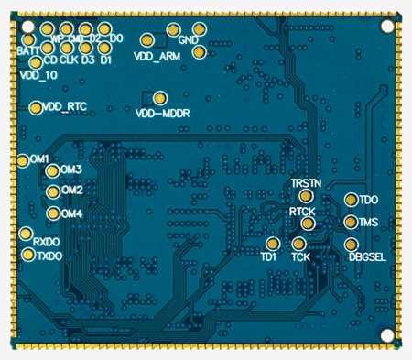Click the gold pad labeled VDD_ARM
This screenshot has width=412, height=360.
(x=147, y=41)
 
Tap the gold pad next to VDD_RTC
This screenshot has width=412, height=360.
(x=36, y=108)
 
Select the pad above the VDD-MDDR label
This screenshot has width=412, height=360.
(x=160, y=98)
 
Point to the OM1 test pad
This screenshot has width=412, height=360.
(x=23, y=161)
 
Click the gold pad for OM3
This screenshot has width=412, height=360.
(x=53, y=170)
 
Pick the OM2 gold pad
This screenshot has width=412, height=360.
(x=53, y=191)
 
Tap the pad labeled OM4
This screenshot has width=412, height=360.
(x=53, y=213)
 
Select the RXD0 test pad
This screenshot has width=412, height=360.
(x=27, y=235)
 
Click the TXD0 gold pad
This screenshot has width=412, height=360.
(x=28, y=252)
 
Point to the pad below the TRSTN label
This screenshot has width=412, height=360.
(x=306, y=196)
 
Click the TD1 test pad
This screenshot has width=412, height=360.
(x=272, y=244)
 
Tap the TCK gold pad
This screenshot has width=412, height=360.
(x=299, y=244)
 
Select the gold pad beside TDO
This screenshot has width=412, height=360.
(x=352, y=200)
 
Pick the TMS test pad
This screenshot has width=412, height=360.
(x=352, y=222)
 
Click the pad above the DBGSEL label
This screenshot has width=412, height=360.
(x=352, y=245)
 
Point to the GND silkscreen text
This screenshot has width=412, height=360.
(x=189, y=41)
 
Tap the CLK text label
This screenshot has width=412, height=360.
(x=70, y=60)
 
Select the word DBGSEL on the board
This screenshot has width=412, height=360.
(x=366, y=257)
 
